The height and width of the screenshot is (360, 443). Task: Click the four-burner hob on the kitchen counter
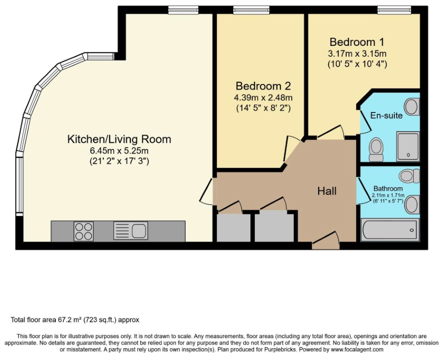(x=83, y=231)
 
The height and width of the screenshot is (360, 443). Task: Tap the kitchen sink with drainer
(x=131, y=231)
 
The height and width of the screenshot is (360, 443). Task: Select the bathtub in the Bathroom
(x=390, y=230)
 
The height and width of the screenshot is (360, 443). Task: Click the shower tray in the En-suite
(x=408, y=146)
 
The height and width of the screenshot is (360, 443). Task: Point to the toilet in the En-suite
(x=376, y=150)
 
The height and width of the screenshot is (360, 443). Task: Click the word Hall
(x=327, y=191)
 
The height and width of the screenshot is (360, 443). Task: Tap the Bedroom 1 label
(x=357, y=42)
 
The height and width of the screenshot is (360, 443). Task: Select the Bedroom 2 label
(x=263, y=86)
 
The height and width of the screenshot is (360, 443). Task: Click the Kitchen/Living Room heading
(x=119, y=139)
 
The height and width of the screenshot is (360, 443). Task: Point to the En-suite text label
(x=386, y=115)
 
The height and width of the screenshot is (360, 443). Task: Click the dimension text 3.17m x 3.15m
(x=357, y=54)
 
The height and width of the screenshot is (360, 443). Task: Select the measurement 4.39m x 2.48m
(x=263, y=98)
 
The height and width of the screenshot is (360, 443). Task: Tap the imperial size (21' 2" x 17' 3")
(x=119, y=161)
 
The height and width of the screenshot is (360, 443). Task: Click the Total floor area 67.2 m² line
(x=75, y=320)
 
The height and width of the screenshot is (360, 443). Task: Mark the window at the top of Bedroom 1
(x=395, y=10)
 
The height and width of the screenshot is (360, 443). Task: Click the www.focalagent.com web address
(x=357, y=350)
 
